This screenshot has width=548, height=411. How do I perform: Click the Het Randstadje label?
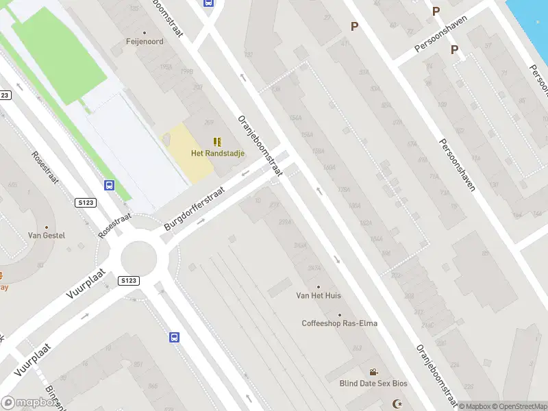click(216, 153)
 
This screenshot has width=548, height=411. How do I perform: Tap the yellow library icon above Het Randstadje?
click(217, 142)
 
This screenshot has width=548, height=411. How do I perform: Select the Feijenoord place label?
click(144, 41)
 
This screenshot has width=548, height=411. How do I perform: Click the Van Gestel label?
click(47, 236)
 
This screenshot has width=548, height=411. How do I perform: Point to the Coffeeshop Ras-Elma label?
click(340, 323)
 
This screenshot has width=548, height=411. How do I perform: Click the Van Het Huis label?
click(319, 295)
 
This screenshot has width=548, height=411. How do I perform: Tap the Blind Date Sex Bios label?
click(373, 384)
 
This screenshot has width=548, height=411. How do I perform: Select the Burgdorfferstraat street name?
click(204, 200)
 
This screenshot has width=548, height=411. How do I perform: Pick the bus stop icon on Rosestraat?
click(109, 185)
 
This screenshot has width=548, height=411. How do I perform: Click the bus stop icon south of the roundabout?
click(175, 337)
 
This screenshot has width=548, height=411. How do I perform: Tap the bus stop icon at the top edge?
click(208, 2)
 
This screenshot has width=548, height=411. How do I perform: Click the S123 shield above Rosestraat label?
click(86, 203)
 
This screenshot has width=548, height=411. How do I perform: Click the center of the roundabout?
click(140, 259)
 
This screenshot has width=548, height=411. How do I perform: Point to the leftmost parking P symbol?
click(354, 27)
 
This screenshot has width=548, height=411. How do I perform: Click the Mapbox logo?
click(29, 403)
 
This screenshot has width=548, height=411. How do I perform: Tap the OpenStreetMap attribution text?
click(520, 406)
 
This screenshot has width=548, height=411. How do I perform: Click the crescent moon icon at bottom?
click(395, 403)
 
